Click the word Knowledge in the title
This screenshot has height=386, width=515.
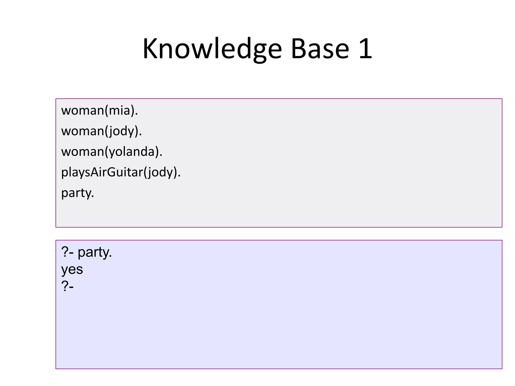click(212, 49)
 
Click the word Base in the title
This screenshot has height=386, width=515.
click(320, 49)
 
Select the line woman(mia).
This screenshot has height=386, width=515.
click(100, 111)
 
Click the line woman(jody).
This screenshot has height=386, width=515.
click(101, 131)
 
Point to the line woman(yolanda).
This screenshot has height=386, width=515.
click(112, 152)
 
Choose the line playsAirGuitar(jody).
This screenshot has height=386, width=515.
click(121, 172)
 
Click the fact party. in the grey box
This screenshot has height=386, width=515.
click(77, 193)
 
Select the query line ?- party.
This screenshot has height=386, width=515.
click(87, 252)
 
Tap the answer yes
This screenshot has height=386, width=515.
click(72, 269)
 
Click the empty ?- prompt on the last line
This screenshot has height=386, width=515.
click(67, 286)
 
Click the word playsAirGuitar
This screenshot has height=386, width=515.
click(102, 172)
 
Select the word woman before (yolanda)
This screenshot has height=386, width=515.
click(82, 152)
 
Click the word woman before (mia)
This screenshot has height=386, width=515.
click(82, 111)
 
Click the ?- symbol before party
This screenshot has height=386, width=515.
click(67, 252)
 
